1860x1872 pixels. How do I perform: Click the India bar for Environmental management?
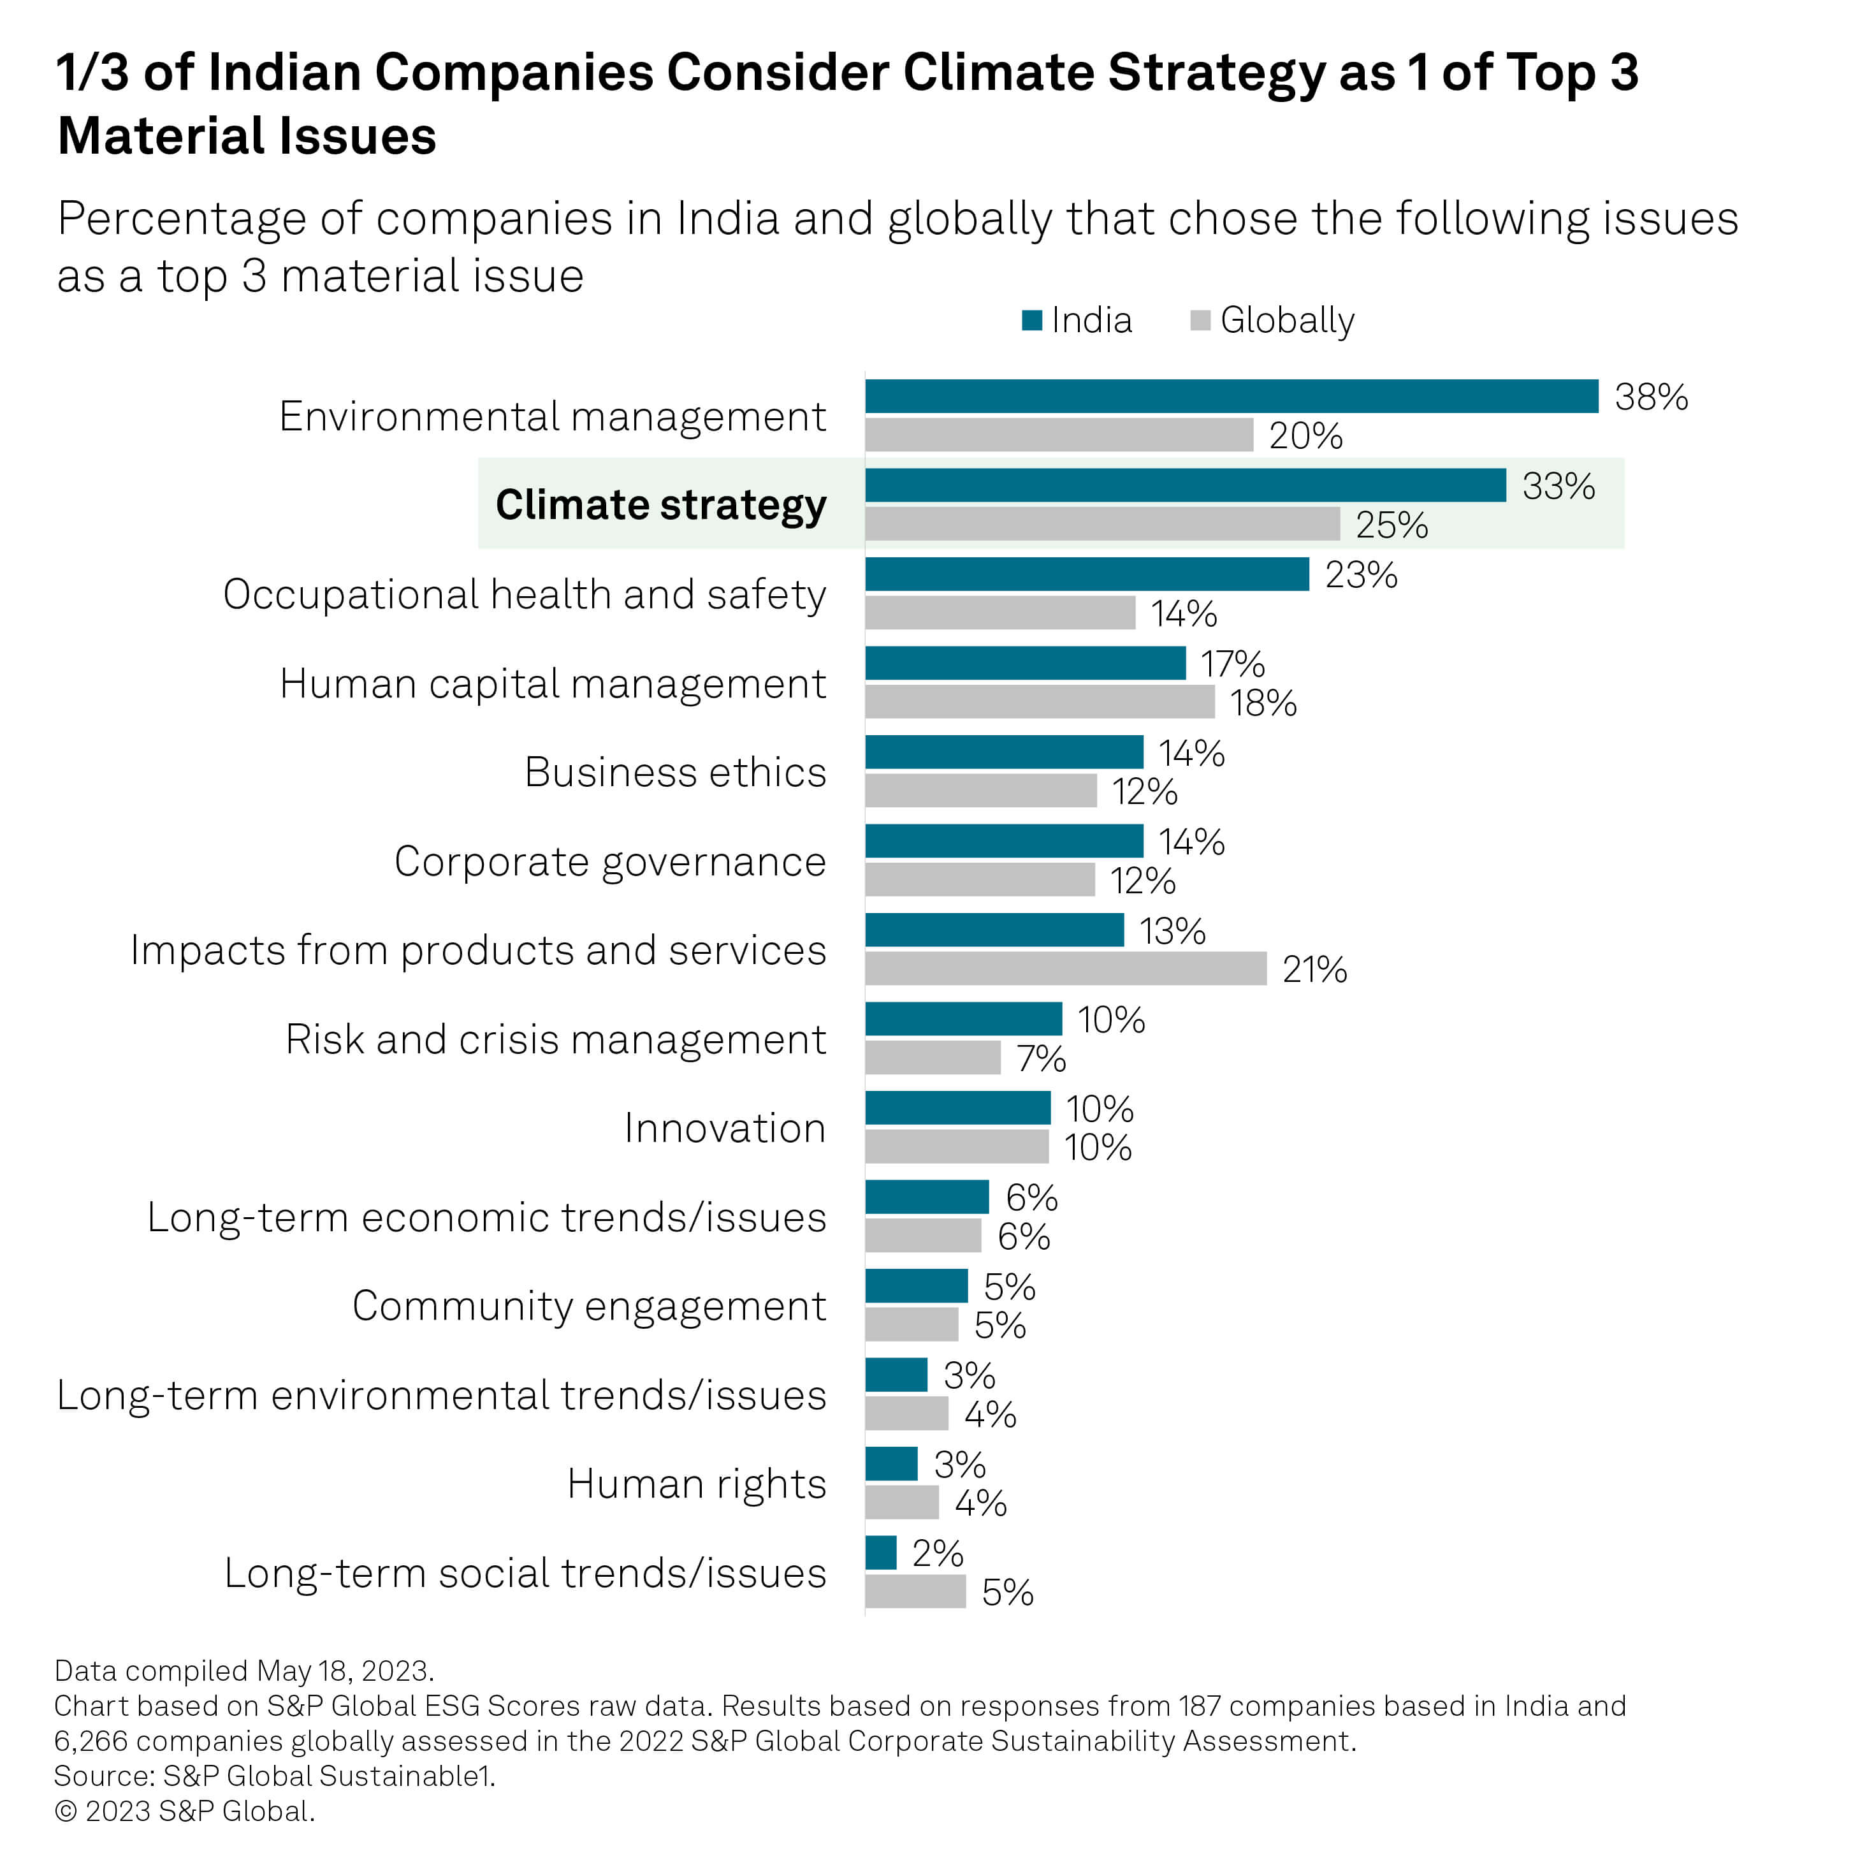tap(1230, 397)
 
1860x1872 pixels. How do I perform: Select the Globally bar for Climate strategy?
tap(1101, 524)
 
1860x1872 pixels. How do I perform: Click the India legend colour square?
tap(1031, 321)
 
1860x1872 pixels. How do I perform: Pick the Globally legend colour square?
tap(1200, 321)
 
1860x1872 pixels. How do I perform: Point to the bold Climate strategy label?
tap(660, 505)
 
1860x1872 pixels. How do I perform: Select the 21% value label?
tap(1314, 970)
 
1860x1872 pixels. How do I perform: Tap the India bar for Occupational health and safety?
tap(1086, 574)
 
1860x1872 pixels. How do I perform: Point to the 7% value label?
tap(1040, 1059)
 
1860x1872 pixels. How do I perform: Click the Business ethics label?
tap(674, 772)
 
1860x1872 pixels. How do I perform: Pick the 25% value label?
tap(1391, 525)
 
